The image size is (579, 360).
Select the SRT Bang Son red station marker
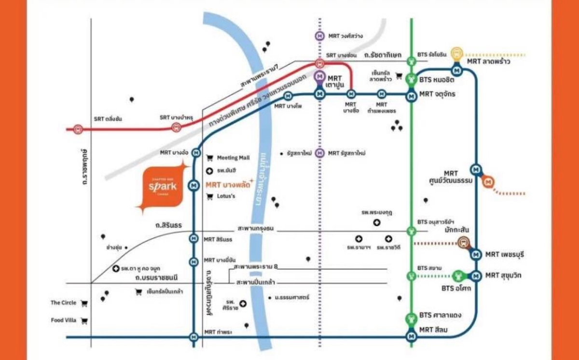tap(319, 63)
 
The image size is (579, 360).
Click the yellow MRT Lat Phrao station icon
tap(456, 53)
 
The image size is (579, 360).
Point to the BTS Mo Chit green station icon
tap(411, 79)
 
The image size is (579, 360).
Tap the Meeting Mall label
tap(233, 158)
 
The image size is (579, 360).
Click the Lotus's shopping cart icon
tap(209, 196)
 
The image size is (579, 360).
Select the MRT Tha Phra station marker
tap(194, 336)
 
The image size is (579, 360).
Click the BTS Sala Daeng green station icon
tap(411, 318)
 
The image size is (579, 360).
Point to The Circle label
tap(63, 303)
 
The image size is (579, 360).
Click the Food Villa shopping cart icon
tap(84, 320)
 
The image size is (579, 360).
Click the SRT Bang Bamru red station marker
tap(176, 127)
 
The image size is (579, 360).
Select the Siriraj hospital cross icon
tap(243, 303)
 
